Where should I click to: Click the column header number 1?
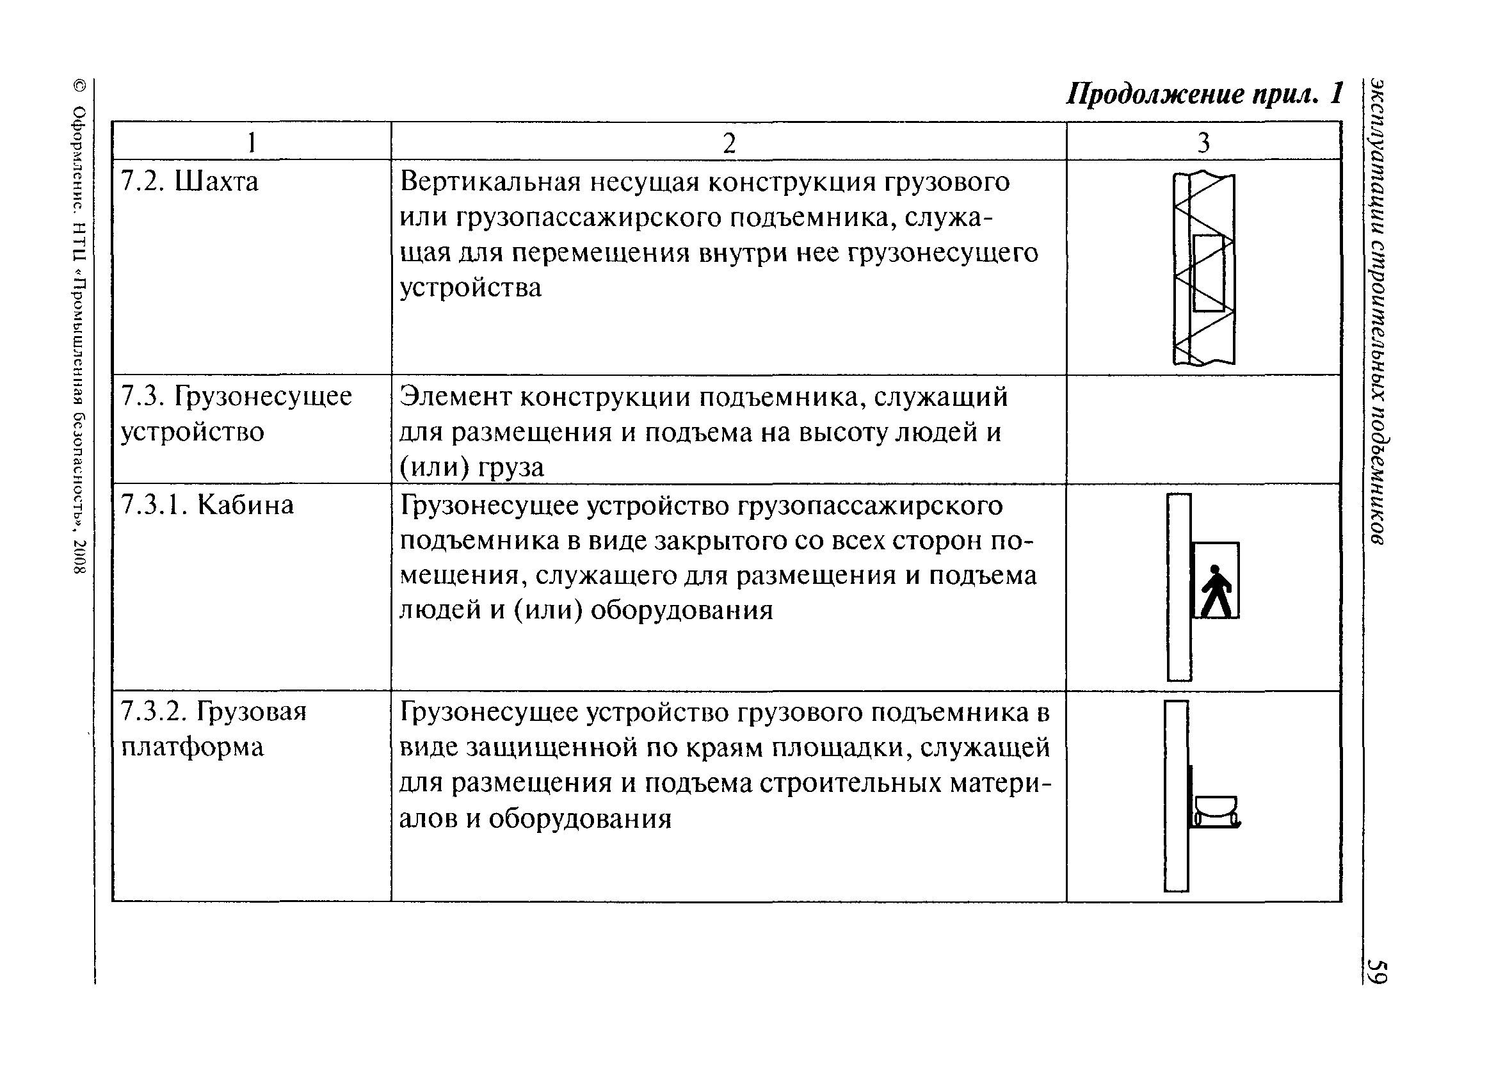(252, 143)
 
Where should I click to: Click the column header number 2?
(728, 143)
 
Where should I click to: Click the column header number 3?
(1203, 143)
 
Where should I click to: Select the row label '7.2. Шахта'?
(189, 181)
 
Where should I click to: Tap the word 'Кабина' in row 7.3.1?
(245, 505)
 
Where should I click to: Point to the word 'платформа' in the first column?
(192, 747)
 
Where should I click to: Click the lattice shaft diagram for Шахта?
(1203, 269)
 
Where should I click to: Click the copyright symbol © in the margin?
(79, 86)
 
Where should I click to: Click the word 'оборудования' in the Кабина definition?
(681, 610)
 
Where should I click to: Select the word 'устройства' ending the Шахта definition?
(470, 288)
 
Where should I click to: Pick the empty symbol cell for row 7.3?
(1203, 429)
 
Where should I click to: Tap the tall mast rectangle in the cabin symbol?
(1178, 587)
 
